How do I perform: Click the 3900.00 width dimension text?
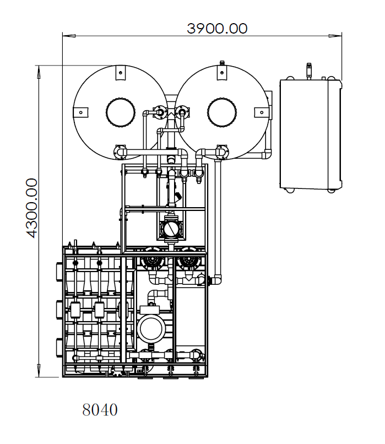click(217, 28)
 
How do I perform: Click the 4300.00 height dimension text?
click(32, 208)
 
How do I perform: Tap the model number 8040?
click(100, 410)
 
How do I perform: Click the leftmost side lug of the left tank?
click(80, 112)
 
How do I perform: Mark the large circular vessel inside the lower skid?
click(152, 329)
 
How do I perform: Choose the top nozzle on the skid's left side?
click(59, 272)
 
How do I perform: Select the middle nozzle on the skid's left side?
click(59, 309)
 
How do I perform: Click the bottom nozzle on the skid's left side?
click(59, 348)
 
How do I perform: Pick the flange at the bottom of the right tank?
click(222, 149)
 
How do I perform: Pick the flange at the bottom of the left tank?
click(120, 149)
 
